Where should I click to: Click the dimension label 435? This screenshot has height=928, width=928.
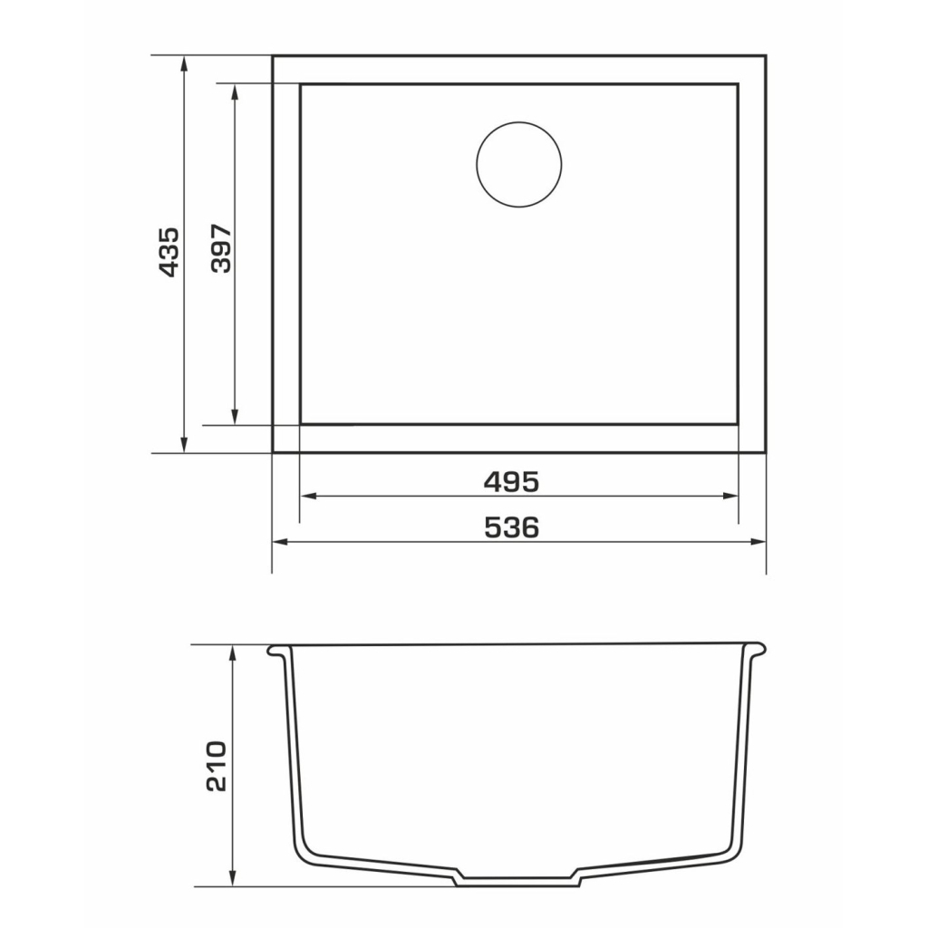pyautogui.click(x=169, y=252)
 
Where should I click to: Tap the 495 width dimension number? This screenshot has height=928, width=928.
pyautogui.click(x=512, y=482)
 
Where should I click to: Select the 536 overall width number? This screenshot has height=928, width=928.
pyautogui.click(x=512, y=527)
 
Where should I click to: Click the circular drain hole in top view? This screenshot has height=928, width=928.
pyautogui.click(x=519, y=165)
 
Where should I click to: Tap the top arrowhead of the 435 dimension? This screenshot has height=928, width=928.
pyautogui.click(x=184, y=64)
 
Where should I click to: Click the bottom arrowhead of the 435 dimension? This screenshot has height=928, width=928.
pyautogui.click(x=184, y=444)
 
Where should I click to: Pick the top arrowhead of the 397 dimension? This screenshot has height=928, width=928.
pyautogui.click(x=235, y=92)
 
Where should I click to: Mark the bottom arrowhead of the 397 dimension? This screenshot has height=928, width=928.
pyautogui.click(x=235, y=417)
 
